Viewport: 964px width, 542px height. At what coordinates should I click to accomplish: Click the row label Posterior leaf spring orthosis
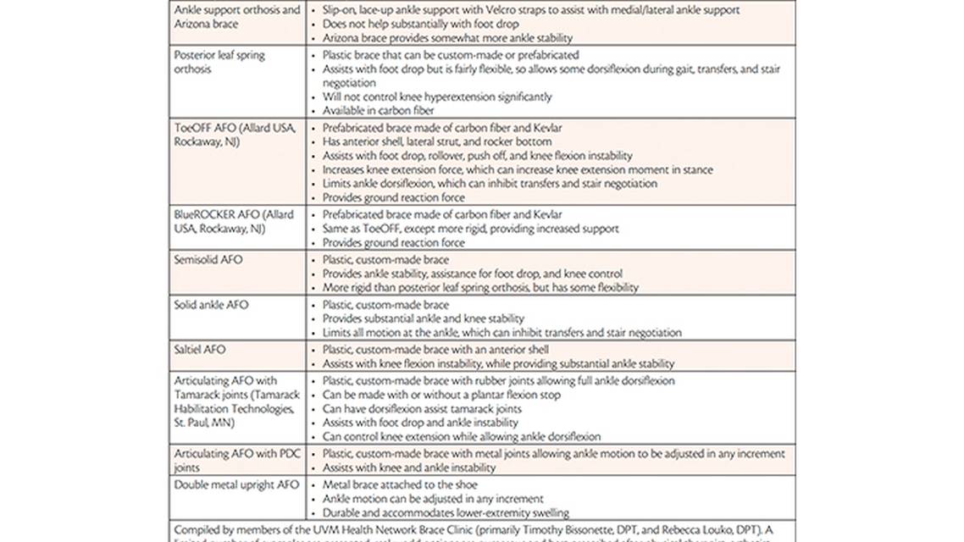tap(219, 62)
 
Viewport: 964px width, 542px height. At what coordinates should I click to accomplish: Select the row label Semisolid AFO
tap(208, 259)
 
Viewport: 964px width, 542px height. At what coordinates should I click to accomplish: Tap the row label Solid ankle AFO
tap(211, 305)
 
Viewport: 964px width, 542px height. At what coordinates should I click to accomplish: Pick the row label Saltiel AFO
tap(200, 349)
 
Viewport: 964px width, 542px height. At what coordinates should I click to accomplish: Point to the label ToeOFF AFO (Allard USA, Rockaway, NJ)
tap(234, 134)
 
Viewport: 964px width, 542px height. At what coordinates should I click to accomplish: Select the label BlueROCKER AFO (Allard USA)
tap(234, 221)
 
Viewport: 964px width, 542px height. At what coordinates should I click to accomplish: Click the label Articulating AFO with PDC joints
tap(230, 460)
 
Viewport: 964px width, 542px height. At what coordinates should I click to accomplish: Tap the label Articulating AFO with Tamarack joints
tap(234, 401)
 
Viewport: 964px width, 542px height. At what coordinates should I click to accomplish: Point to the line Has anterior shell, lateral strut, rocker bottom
tap(437, 141)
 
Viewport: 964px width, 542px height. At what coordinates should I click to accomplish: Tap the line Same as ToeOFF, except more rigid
tap(471, 229)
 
